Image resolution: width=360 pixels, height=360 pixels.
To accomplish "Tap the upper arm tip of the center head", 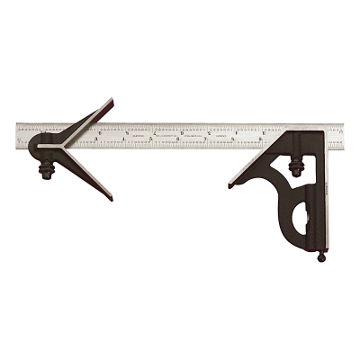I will point(109,102).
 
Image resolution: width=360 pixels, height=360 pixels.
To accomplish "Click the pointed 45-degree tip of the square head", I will point(232,184).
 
